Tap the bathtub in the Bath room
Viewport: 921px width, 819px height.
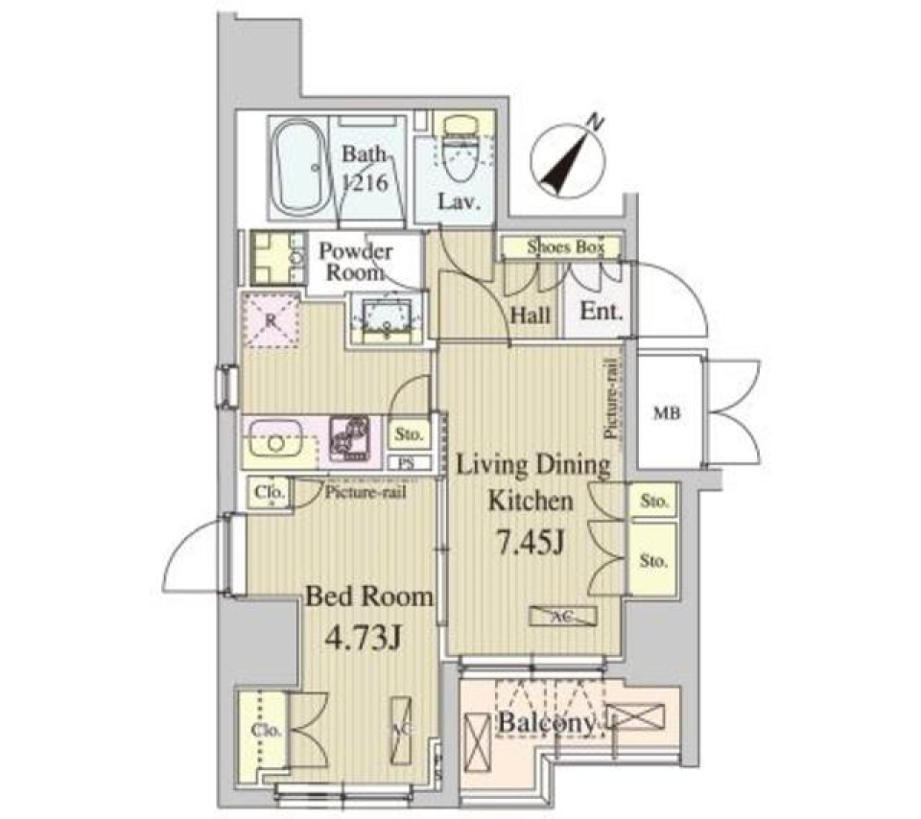[296, 169]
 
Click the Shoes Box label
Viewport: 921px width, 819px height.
[565, 247]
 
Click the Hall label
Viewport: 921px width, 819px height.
[531, 314]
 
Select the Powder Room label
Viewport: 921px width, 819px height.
[355, 261]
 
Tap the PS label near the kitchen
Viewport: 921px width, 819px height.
[407, 462]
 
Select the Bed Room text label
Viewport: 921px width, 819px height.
[368, 597]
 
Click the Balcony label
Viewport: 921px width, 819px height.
[544, 725]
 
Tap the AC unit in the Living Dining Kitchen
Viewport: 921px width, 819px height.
[563, 617]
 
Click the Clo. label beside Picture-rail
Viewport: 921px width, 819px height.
[269, 493]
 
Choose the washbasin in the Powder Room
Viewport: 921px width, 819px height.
[388, 316]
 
